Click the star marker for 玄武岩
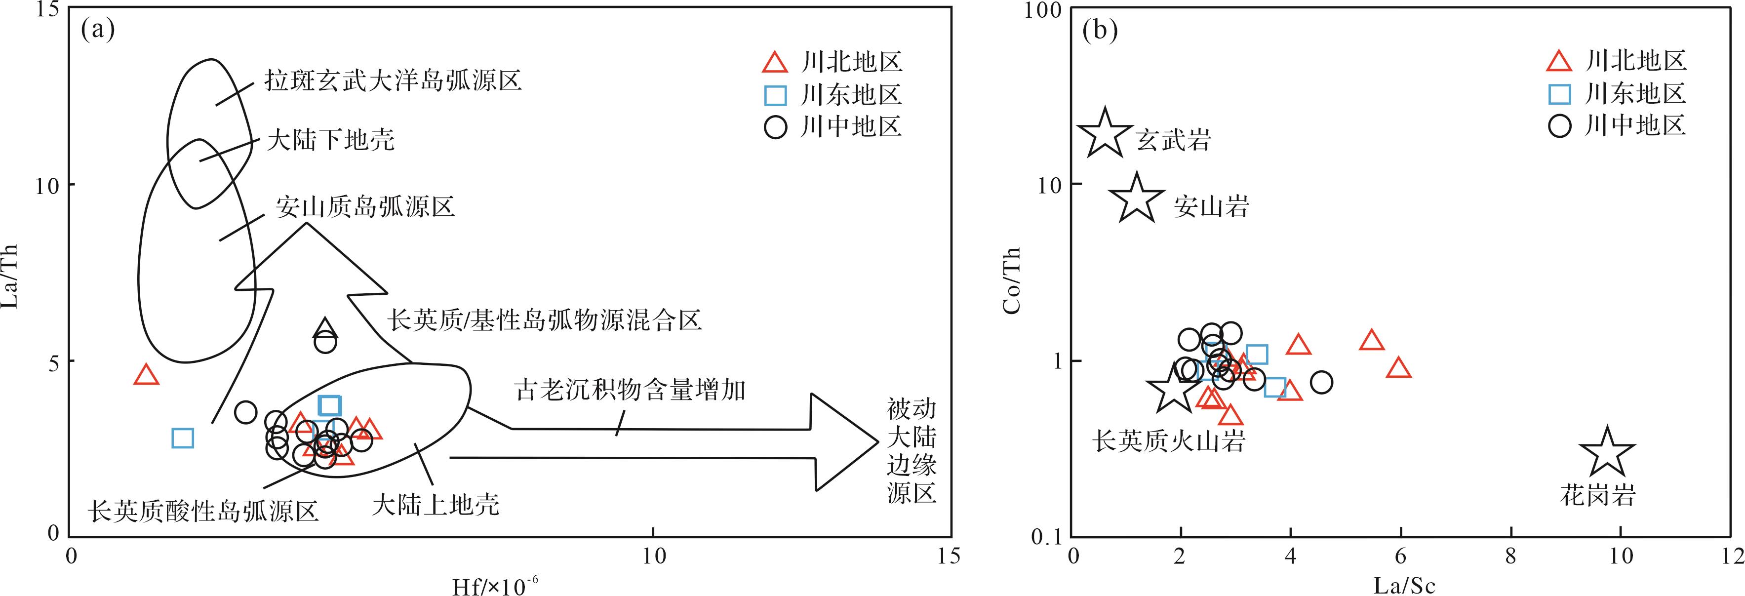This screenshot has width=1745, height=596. (x=1104, y=133)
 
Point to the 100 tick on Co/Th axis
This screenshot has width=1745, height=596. (x=1046, y=10)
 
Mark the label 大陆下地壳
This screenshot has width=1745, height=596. (x=330, y=140)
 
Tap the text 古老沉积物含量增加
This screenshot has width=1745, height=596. (x=631, y=391)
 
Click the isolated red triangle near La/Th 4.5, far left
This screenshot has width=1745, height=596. (x=146, y=374)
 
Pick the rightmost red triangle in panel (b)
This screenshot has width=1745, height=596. (x=1399, y=368)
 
